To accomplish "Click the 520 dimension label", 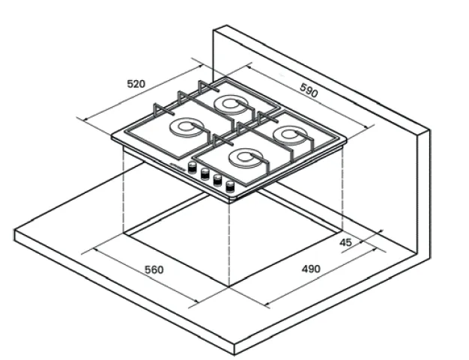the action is click(136, 84).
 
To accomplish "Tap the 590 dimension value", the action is click(309, 91).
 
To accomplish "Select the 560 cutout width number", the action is click(154, 269).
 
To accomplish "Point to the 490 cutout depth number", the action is click(311, 269).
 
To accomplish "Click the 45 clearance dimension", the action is click(346, 242).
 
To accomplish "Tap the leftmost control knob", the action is click(193, 168).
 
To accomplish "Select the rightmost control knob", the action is click(230, 186).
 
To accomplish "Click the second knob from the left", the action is click(205, 174).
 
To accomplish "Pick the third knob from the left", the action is click(217, 180).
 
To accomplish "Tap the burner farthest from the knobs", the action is click(231, 105).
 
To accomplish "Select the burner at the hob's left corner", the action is click(186, 127).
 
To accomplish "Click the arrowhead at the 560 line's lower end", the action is click(196, 301).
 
